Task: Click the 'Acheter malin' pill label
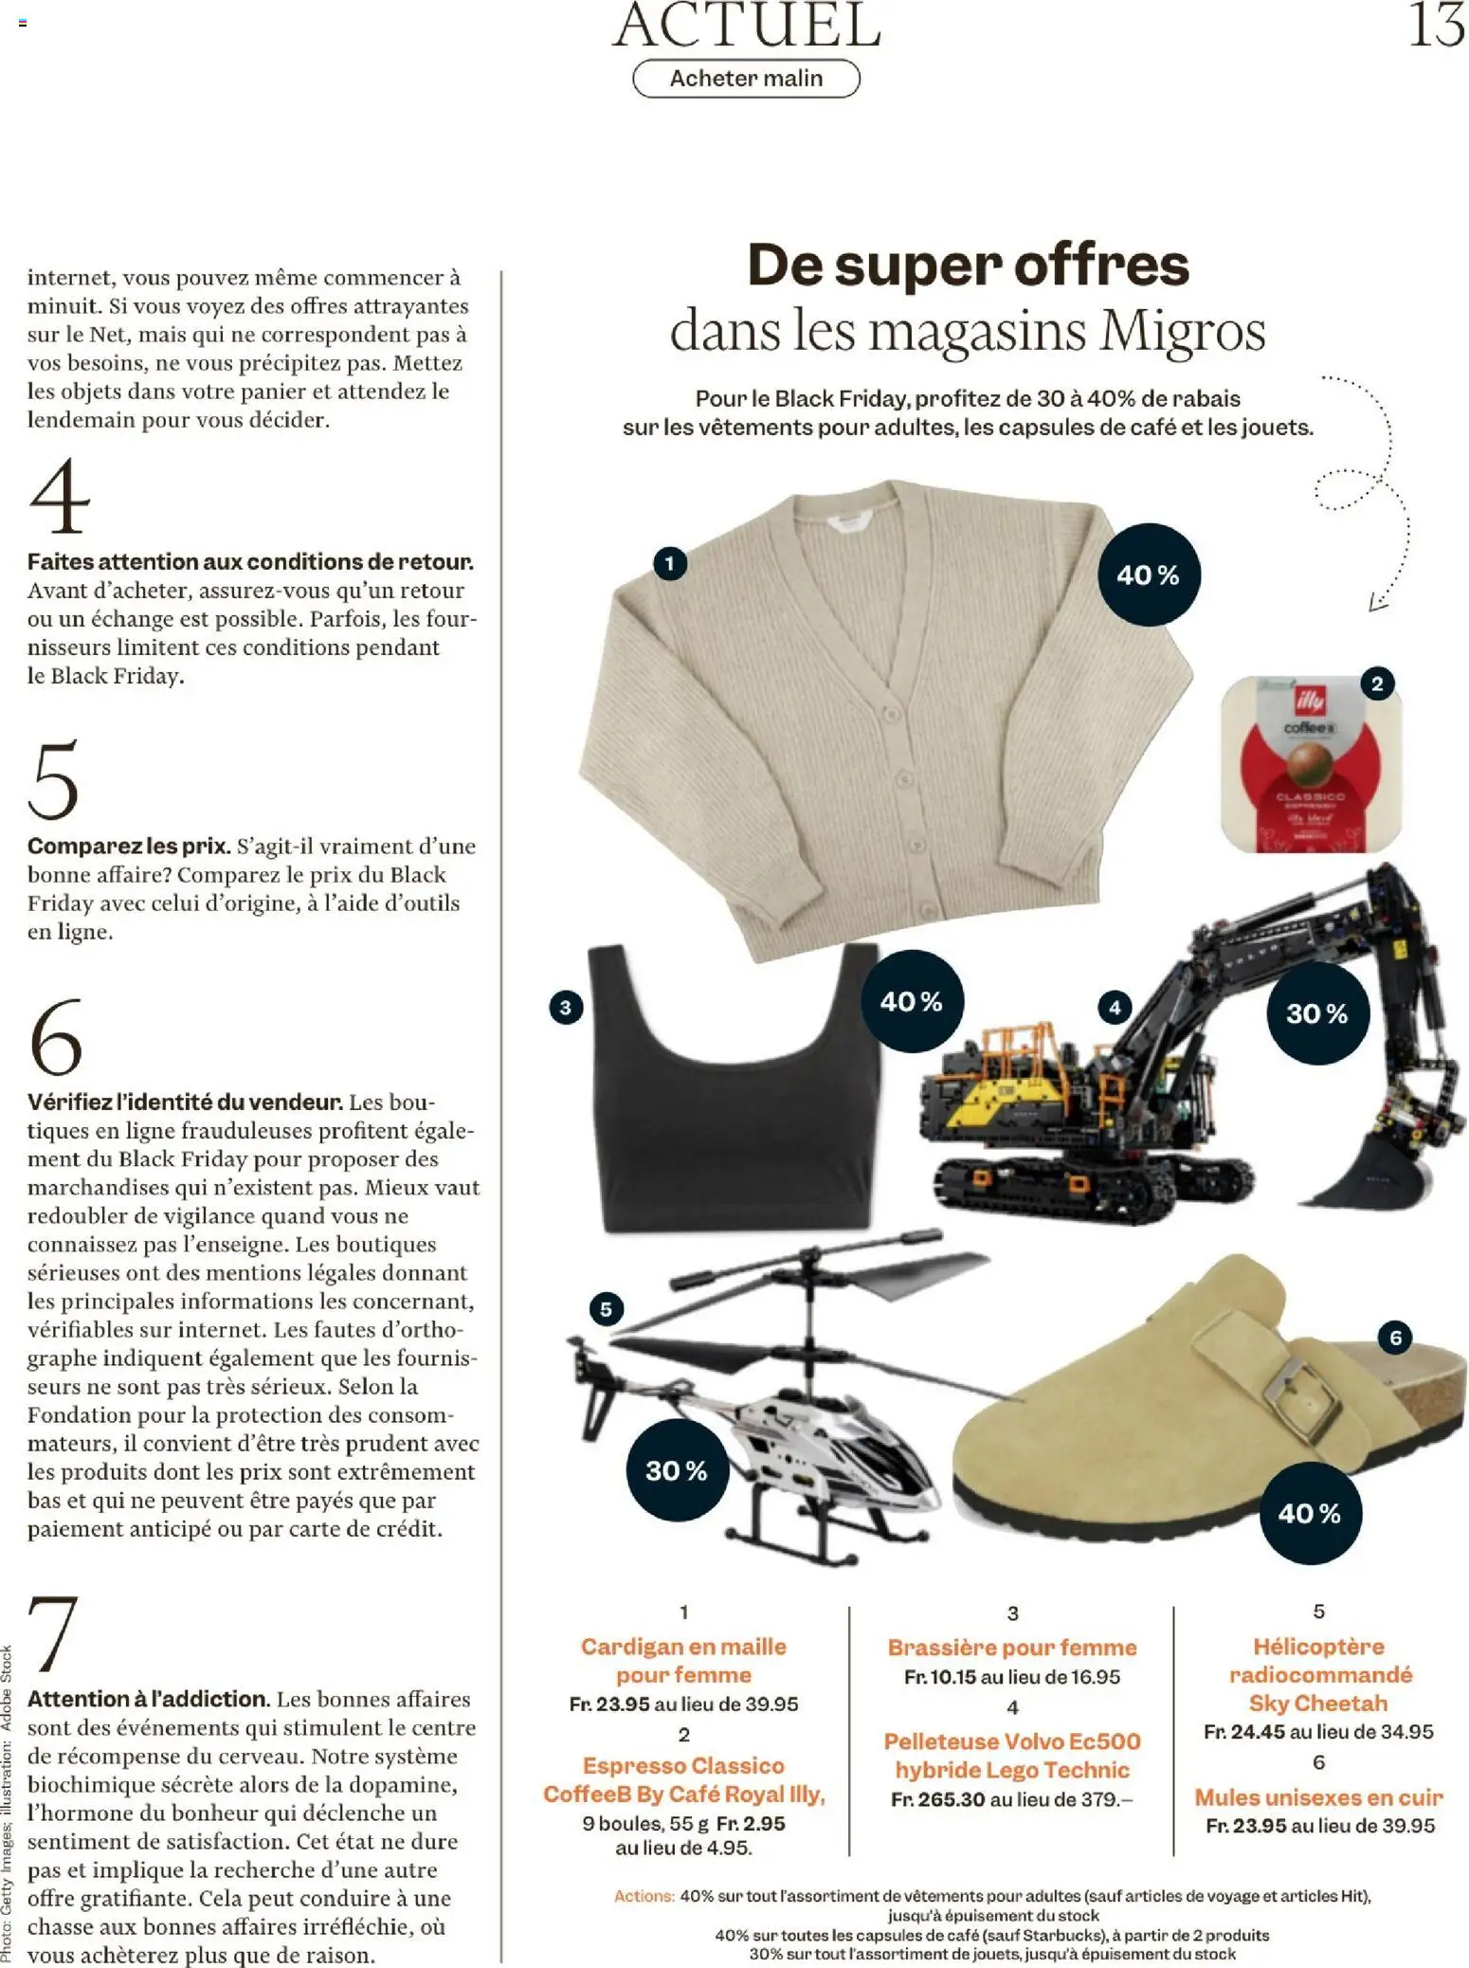(x=746, y=79)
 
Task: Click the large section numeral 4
(x=59, y=497)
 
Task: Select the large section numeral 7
(x=53, y=1633)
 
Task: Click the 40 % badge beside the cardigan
(x=1149, y=574)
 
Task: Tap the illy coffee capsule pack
(x=1311, y=763)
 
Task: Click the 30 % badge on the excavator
(x=1317, y=1013)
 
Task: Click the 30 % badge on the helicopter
(x=677, y=1470)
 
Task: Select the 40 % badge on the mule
(x=1309, y=1513)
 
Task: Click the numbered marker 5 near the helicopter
(x=607, y=1310)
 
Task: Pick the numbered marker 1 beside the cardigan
(x=669, y=563)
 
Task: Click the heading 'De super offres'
(x=968, y=264)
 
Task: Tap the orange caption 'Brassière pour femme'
(x=1012, y=1648)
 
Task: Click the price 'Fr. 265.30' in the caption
(x=938, y=1799)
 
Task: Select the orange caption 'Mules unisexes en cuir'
(x=1318, y=1797)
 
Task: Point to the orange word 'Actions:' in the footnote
(x=644, y=1896)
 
